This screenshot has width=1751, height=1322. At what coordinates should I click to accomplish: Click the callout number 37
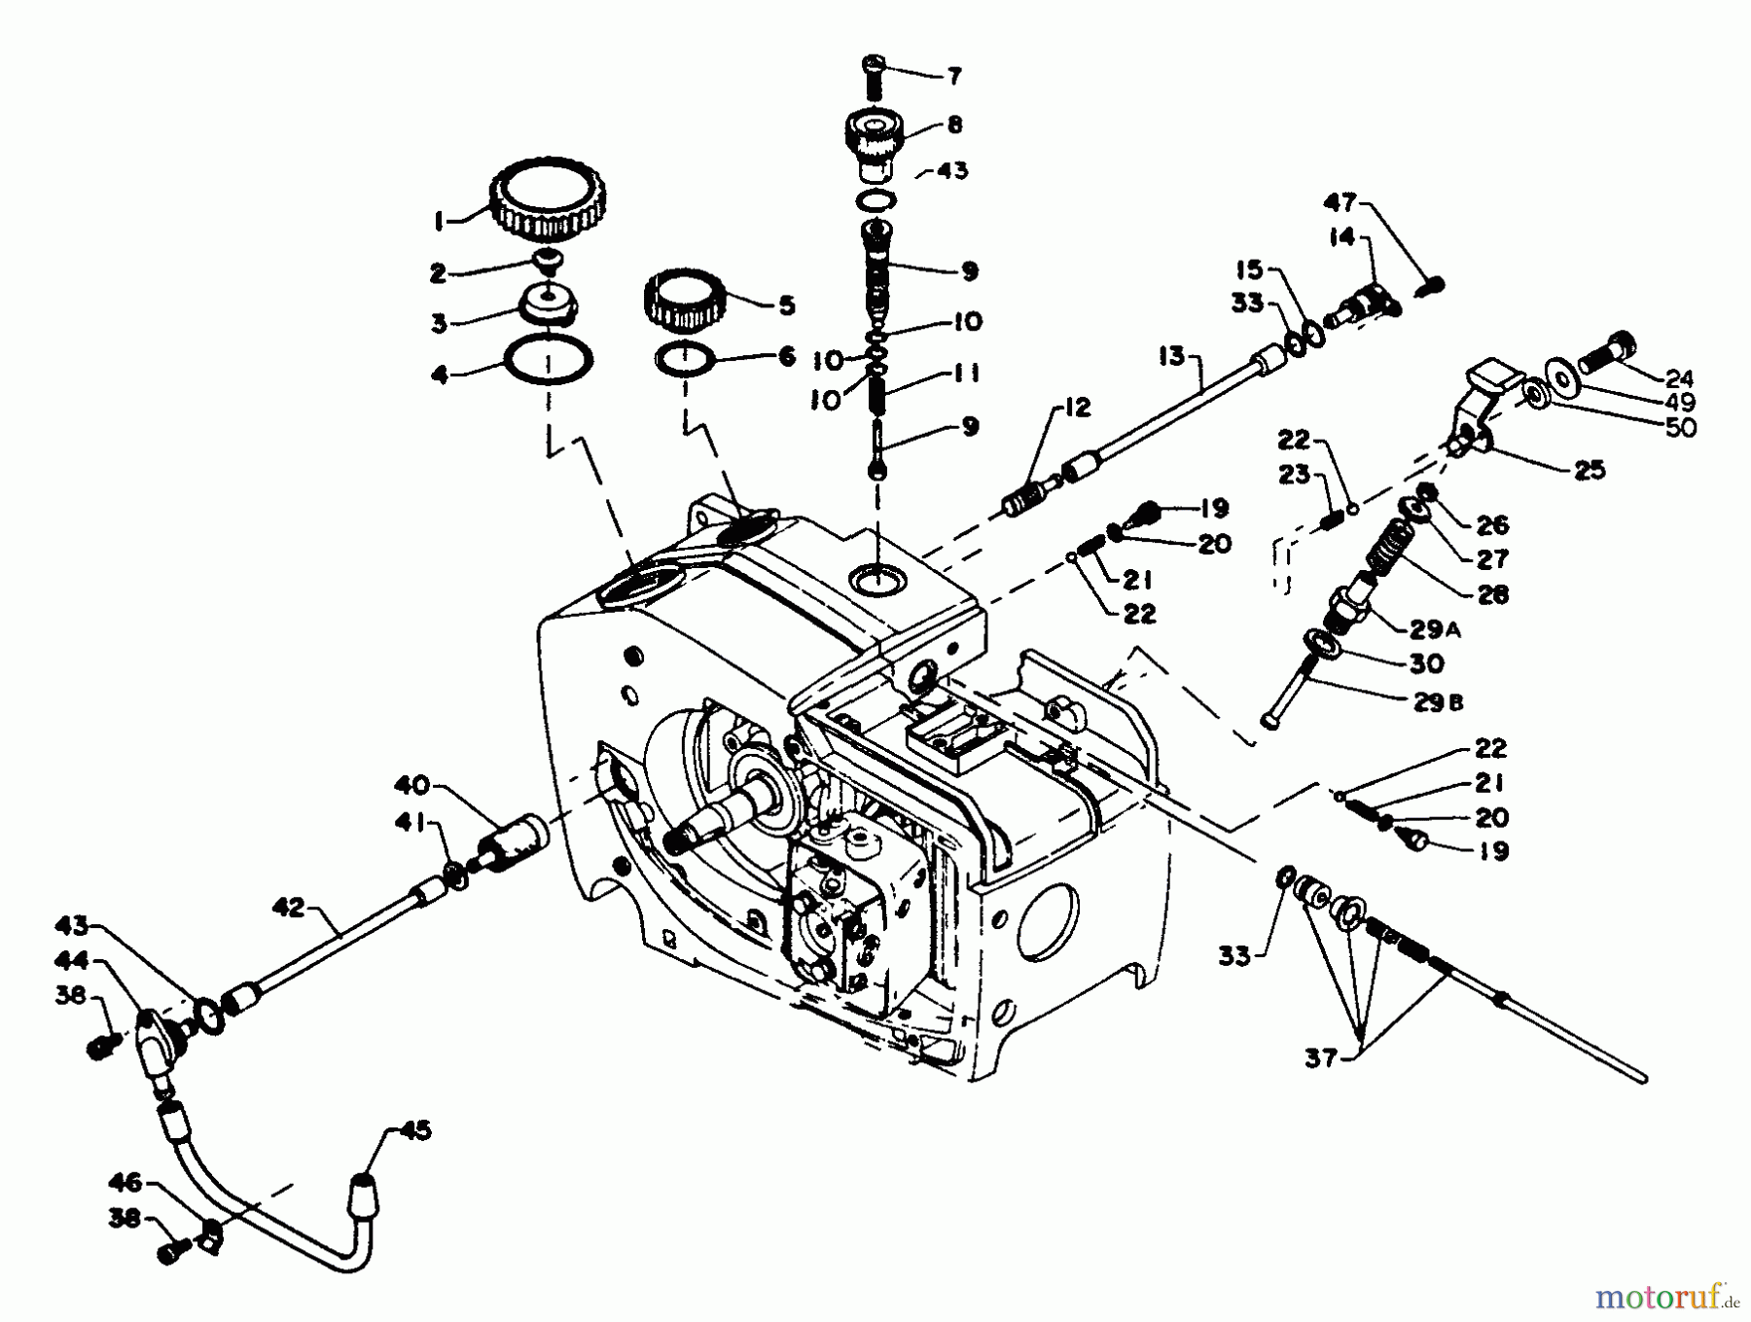pos(1321,1056)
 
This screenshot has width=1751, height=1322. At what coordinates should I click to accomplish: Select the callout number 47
pos(1340,202)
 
